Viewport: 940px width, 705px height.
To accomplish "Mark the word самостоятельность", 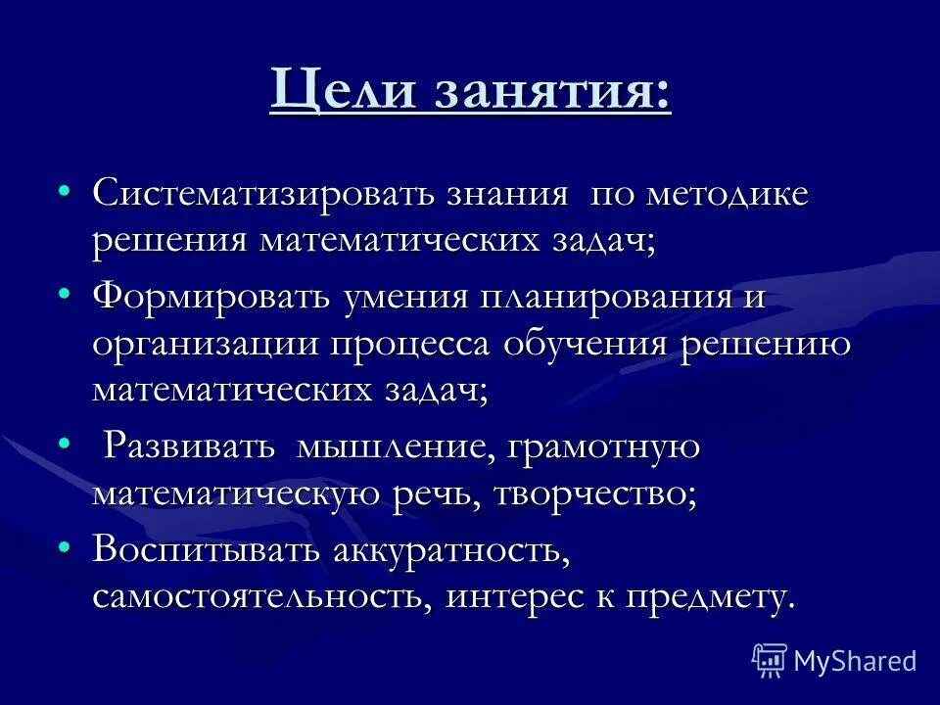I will (x=262, y=596).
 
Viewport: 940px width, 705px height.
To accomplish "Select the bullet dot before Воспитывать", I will (x=64, y=545).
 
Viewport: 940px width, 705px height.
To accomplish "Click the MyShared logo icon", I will (x=770, y=660).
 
